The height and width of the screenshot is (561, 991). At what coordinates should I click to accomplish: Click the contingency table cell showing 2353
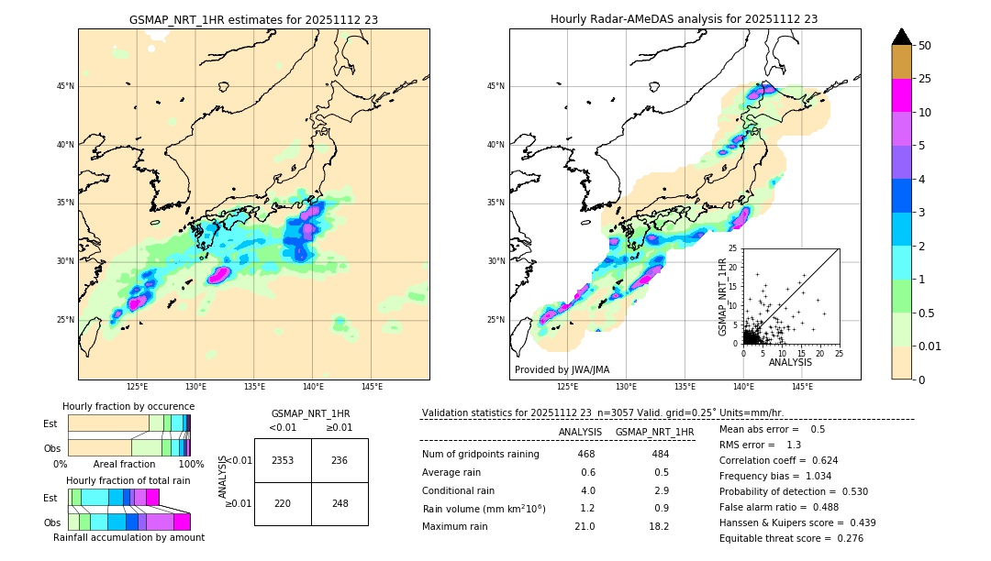283,460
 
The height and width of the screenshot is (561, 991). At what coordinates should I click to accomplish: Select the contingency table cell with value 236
340,460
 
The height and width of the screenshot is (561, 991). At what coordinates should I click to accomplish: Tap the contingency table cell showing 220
283,503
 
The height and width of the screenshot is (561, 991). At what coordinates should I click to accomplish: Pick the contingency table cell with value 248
340,503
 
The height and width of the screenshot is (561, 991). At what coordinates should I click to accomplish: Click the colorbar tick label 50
926,46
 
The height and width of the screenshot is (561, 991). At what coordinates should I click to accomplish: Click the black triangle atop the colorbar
902,37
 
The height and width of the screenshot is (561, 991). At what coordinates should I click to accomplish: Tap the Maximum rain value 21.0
585,526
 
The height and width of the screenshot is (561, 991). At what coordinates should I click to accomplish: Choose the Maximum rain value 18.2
658,526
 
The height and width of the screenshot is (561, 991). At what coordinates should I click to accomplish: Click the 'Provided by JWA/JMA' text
562,369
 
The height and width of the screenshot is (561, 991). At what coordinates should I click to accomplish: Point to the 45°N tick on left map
65,86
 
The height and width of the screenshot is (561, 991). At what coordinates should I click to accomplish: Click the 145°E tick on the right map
802,387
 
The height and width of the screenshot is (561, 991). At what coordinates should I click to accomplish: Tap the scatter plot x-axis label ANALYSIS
790,362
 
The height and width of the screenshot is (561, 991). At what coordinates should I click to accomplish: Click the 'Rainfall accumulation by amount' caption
128,537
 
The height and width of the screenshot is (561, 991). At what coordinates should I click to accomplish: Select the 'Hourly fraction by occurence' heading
128,406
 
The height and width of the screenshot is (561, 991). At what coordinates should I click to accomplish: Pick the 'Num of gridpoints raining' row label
481,455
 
